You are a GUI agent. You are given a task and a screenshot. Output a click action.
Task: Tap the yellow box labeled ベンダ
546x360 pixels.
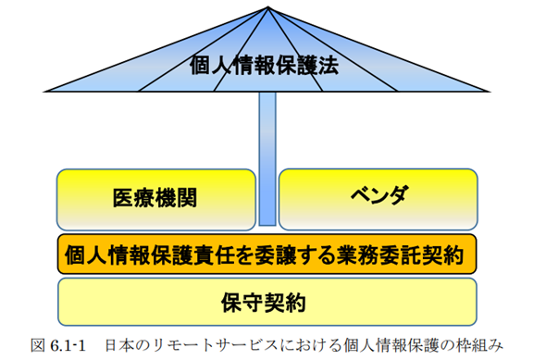378,196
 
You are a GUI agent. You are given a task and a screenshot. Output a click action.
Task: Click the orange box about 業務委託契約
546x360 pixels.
267,253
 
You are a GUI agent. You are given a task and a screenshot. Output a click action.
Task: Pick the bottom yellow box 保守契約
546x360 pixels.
267,301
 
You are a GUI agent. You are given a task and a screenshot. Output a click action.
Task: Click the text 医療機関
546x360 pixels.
155,197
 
